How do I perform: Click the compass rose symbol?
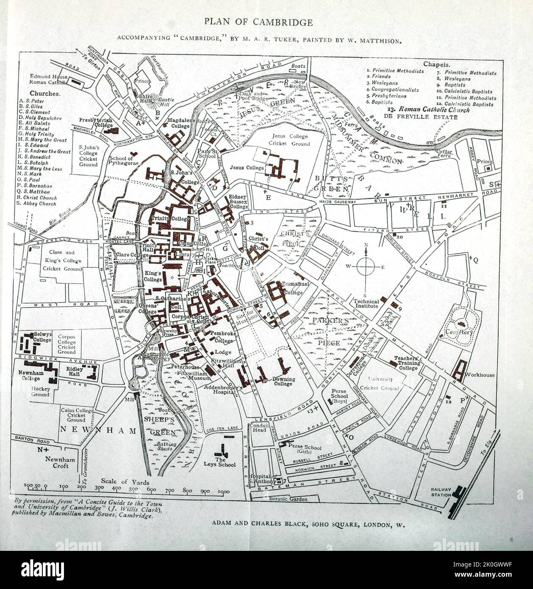(367, 267)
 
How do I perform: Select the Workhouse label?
(480, 375)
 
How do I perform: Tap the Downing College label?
(283, 381)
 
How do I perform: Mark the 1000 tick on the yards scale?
(224, 492)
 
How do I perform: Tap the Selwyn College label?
(42, 337)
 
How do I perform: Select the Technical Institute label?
(366, 303)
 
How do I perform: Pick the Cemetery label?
(459, 332)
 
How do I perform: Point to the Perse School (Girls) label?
(305, 450)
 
